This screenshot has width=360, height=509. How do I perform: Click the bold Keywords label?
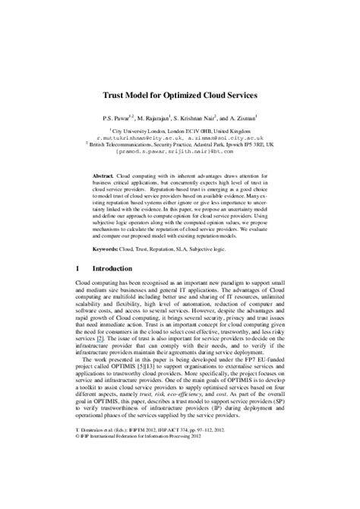[106, 248]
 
